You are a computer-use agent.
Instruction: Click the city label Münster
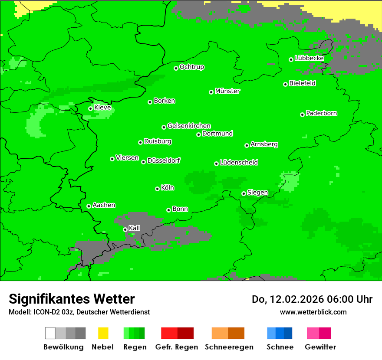(x=227, y=91)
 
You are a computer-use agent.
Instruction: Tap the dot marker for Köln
(x=157, y=189)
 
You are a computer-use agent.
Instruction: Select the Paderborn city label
(x=322, y=113)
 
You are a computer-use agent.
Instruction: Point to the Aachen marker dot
(x=89, y=206)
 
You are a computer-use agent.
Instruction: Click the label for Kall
(x=135, y=228)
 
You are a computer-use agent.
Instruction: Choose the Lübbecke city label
(x=310, y=58)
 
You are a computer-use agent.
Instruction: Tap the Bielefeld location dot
(x=286, y=84)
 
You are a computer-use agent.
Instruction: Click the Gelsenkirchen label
(x=189, y=126)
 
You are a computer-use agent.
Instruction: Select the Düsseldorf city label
(x=164, y=160)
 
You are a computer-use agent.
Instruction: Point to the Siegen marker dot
(x=244, y=193)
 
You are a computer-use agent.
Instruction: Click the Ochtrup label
(x=192, y=67)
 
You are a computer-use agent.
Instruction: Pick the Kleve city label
(x=102, y=107)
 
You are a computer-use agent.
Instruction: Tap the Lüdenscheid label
(x=239, y=163)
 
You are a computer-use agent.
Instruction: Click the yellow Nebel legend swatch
(x=103, y=333)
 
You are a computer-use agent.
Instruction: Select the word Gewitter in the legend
(x=320, y=347)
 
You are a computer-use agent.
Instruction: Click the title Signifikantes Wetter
(x=72, y=299)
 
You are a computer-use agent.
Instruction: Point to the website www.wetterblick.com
(x=313, y=312)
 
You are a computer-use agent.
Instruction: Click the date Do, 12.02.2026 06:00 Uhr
(x=312, y=299)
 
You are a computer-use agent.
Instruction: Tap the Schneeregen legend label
(x=228, y=347)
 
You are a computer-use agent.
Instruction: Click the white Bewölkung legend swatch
(x=50, y=333)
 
